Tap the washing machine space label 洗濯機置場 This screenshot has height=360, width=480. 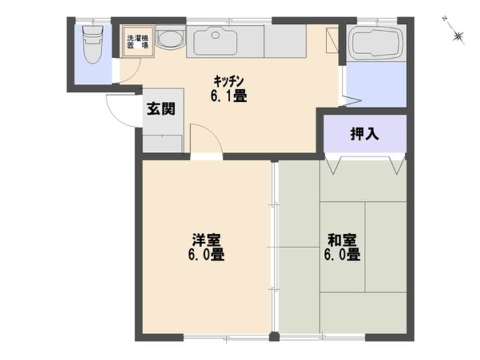137,39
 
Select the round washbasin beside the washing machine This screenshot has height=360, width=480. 170,39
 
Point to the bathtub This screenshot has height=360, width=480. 376,41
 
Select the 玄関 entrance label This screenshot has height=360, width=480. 161,109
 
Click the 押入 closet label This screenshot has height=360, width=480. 364,133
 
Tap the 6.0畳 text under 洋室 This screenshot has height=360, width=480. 207,255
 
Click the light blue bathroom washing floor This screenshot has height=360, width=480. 376,83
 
